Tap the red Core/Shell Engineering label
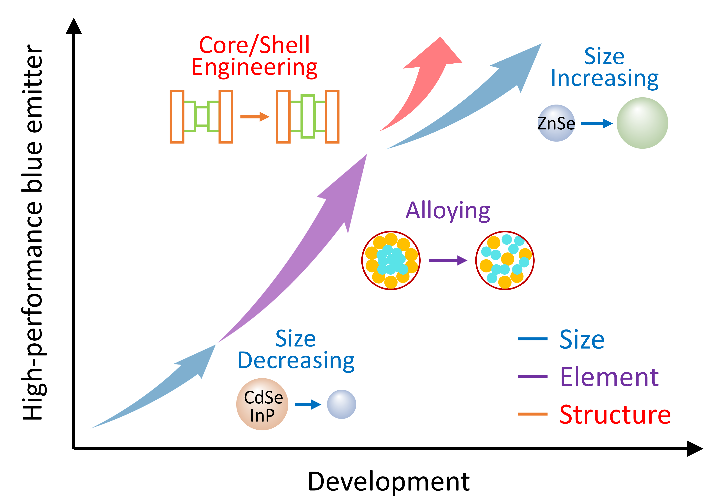click(254, 56)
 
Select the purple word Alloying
click(448, 211)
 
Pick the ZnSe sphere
click(556, 123)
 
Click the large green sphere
click(642, 123)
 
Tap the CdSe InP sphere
click(262, 404)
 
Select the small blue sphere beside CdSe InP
click(341, 404)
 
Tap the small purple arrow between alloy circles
click(448, 260)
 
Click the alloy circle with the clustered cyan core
click(391, 260)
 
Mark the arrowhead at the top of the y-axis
click(74, 27)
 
